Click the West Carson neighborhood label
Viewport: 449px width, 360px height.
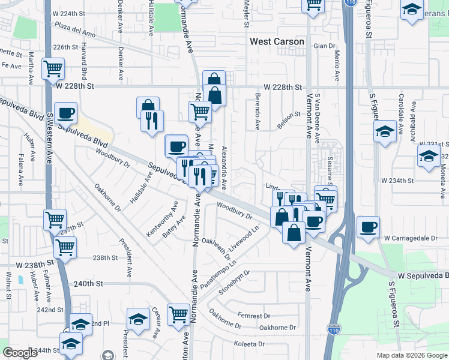(x=277, y=42)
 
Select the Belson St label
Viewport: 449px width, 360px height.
(x=288, y=114)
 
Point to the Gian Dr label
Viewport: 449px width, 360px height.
(x=324, y=46)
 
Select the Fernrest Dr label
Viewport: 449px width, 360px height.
(x=254, y=316)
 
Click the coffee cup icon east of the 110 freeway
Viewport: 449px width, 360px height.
(x=368, y=227)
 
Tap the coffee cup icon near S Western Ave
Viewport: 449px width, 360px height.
(x=66, y=113)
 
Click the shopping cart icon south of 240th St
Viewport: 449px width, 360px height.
(x=179, y=314)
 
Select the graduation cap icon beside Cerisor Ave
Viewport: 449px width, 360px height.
(x=138, y=319)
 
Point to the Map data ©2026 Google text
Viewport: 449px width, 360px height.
(x=412, y=355)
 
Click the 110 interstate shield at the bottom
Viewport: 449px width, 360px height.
(x=334, y=329)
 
